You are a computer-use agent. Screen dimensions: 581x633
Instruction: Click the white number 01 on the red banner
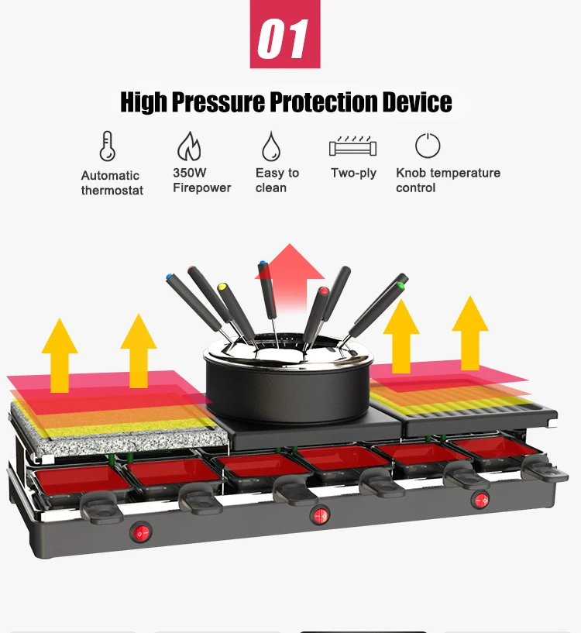pyautogui.click(x=284, y=38)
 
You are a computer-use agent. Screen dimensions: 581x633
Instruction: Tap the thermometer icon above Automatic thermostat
pyautogui.click(x=107, y=146)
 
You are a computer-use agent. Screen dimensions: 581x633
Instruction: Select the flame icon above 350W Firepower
pyautogui.click(x=189, y=146)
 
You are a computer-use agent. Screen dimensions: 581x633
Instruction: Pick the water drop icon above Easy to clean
pyautogui.click(x=270, y=146)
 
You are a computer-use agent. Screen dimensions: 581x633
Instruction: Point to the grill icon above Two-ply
pyautogui.click(x=352, y=146)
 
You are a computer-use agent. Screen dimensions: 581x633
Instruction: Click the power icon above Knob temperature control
pyautogui.click(x=428, y=146)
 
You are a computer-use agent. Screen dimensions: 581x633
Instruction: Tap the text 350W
pyautogui.click(x=190, y=173)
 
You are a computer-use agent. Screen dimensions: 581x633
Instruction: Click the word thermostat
pyautogui.click(x=112, y=191)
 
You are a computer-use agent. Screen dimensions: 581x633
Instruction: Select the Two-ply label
pyautogui.click(x=353, y=173)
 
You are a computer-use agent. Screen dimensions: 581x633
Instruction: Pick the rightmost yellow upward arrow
pyautogui.click(x=470, y=333)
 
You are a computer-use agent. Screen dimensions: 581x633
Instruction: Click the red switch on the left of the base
pyautogui.click(x=141, y=532)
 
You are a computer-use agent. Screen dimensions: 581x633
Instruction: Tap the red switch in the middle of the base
pyautogui.click(x=318, y=514)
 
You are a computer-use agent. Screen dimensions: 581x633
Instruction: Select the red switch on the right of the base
pyautogui.click(x=481, y=500)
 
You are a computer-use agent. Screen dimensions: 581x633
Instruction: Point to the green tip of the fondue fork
pyautogui.click(x=402, y=285)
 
